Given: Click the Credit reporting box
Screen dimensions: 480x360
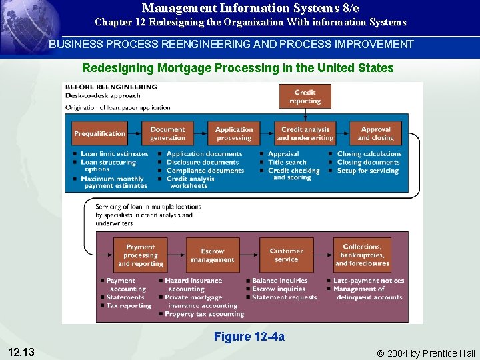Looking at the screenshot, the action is pyautogui.click(x=305, y=97).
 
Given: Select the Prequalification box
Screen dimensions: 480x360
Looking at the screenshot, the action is pyautogui.click(x=99, y=133).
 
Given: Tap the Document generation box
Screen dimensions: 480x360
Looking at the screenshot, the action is pyautogui.click(x=167, y=133).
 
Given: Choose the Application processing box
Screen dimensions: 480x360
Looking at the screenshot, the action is pyautogui.click(x=234, y=133).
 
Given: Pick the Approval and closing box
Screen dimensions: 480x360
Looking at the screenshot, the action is pyautogui.click(x=375, y=133).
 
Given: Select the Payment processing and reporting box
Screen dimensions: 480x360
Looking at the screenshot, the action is pyautogui.click(x=140, y=255).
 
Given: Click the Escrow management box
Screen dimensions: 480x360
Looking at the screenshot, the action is pyautogui.click(x=212, y=255).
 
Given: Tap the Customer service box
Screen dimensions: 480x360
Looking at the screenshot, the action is pyautogui.click(x=286, y=255).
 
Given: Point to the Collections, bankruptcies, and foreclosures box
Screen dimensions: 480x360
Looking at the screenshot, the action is pyautogui.click(x=362, y=255).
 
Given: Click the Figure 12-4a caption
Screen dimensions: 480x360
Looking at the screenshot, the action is pyautogui.click(x=249, y=337).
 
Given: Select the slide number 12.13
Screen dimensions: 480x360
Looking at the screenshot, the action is pyautogui.click(x=22, y=351).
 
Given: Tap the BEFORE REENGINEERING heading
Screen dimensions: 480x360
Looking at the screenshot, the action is pyautogui.click(x=111, y=87).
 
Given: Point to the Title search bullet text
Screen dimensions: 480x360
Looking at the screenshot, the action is pyautogui.click(x=287, y=162).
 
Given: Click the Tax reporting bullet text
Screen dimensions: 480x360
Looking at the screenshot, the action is pyautogui.click(x=129, y=306).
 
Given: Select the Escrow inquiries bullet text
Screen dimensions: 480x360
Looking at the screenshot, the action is pyautogui.click(x=279, y=289).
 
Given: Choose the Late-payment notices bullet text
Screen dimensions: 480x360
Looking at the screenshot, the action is pyautogui.click(x=369, y=281).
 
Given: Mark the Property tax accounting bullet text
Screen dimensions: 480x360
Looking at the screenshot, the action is pyautogui.click(x=205, y=315).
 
